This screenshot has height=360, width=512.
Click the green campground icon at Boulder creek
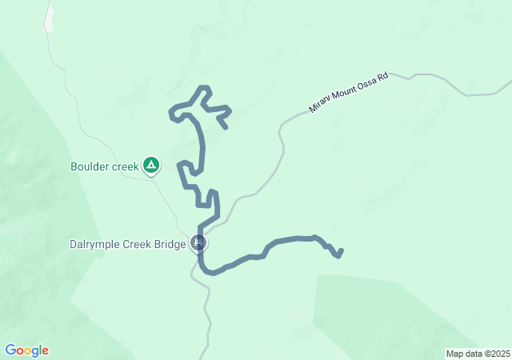pos(151,166)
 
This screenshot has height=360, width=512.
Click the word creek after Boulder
pos(123,167)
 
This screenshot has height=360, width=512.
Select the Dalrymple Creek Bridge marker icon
pos(199,242)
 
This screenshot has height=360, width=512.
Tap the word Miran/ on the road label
pos(320,105)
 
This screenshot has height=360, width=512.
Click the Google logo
pos(26,350)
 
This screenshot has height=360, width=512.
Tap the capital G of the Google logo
pos(10,350)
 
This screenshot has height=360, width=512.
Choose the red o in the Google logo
pos(20,351)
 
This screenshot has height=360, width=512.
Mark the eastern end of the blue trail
pos(341,252)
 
